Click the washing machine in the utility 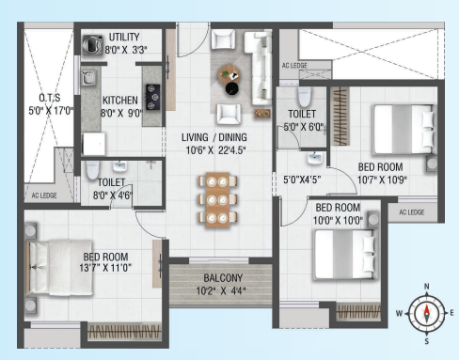coord(92,45)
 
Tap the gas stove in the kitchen coord(152,97)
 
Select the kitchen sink coord(88,78)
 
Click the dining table coord(217,199)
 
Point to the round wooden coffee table coord(229,74)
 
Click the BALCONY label coord(223,278)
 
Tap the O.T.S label coord(50,98)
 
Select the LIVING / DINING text coord(214,137)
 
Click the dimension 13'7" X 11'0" coord(105,268)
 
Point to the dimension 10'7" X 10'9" coord(382,180)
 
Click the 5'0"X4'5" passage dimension coord(302,180)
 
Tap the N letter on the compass coord(426,286)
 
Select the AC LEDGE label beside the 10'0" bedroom coord(412,212)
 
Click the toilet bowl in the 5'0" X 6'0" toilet coord(305,97)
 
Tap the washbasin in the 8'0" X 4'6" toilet coord(119,166)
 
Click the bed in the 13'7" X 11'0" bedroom coord(59,268)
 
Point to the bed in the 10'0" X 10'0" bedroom coord(344,255)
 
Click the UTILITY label coord(124,37)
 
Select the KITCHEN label coord(120,101)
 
